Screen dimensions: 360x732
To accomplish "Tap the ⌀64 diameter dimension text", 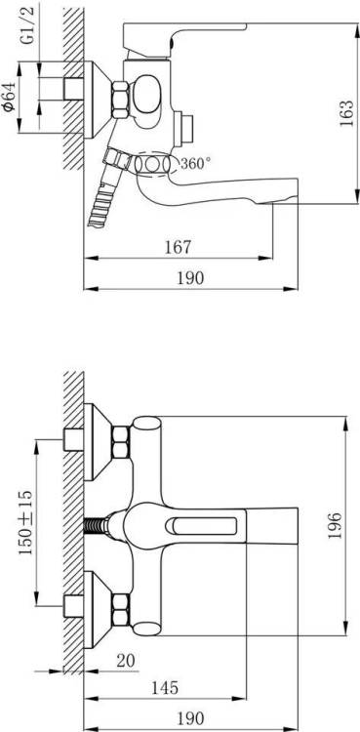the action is click(x=10, y=97).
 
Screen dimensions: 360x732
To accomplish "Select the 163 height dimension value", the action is click(x=346, y=112).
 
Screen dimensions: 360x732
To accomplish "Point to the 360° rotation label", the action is click(x=196, y=163).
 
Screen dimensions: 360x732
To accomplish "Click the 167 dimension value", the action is click(x=178, y=247).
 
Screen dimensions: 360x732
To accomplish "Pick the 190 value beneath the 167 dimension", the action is click(x=190, y=278).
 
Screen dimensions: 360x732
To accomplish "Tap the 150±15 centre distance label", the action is click(x=25, y=522).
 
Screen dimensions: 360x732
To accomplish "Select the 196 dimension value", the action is click(x=335, y=526).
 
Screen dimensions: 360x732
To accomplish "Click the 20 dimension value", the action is click(x=125, y=661).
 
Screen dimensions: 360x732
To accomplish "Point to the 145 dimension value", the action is click(x=164, y=688).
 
